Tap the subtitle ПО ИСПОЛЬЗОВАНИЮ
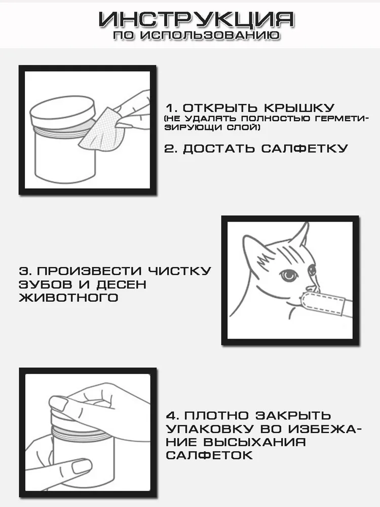coord(197,35)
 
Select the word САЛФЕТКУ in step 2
coord(305,149)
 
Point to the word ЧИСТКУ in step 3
coord(179,271)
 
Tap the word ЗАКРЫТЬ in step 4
coord(293,415)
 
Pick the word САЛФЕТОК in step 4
coord(209,455)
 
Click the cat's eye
coord(288,275)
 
